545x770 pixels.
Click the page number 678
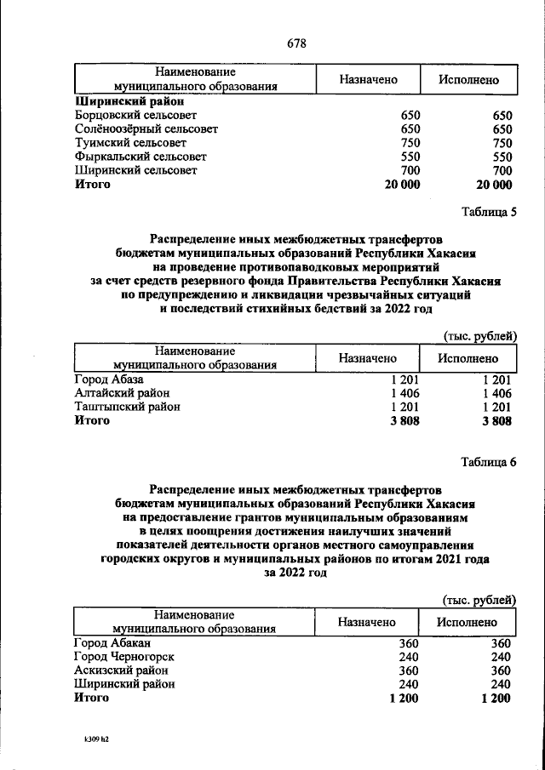(x=296, y=43)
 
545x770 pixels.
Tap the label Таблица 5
(x=488, y=213)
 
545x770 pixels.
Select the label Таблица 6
(x=488, y=463)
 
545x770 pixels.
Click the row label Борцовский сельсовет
(x=136, y=114)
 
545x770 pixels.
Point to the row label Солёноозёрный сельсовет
(x=146, y=128)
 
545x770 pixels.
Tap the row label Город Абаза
(x=109, y=379)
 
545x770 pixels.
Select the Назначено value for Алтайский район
(x=405, y=393)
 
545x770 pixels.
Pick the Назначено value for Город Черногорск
(x=408, y=656)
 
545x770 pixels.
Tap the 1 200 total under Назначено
(x=404, y=698)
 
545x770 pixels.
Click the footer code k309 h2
(x=91, y=739)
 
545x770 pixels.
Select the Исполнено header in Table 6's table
(x=468, y=622)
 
